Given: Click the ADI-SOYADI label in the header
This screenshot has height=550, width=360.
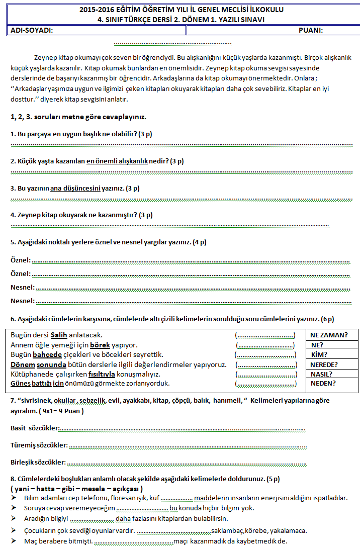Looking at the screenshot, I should coord(32,30).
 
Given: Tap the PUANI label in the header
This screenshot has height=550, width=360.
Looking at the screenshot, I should coord(310,30).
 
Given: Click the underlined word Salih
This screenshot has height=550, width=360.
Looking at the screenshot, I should coord(59,335).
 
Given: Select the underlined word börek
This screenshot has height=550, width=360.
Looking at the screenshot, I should coord(100,345).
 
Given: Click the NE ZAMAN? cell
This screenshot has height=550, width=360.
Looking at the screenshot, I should coord(329,335).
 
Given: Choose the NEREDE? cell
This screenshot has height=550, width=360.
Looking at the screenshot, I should coord(324,364).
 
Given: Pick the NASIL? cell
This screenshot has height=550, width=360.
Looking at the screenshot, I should coord(322,374).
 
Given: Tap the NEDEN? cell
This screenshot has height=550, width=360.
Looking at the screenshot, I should coord(323,384).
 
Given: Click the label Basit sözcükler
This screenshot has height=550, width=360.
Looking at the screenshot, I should coord(35,428).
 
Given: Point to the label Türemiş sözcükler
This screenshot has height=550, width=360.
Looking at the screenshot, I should coord(39,445).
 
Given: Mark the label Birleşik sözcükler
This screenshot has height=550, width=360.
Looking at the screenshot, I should coord(38,462).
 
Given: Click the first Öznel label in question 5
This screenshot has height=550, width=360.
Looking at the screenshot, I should coord(21,260).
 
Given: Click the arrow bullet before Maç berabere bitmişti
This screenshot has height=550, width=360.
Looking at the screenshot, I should coord(14,541).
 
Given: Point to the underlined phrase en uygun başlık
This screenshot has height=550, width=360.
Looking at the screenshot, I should coord(77,134).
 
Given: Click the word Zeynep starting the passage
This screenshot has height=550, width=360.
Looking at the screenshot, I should coord(44,57).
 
